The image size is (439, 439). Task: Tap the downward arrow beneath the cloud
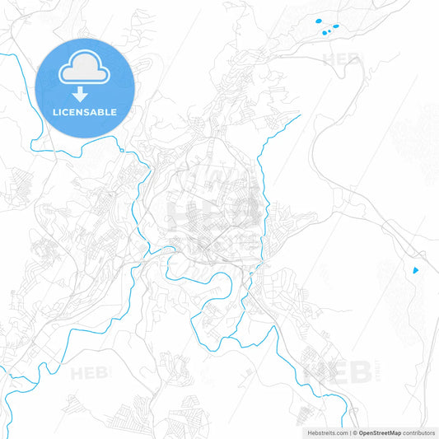click(85, 94)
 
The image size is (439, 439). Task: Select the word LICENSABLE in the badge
click(85, 112)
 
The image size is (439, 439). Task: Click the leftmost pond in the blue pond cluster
click(316, 22)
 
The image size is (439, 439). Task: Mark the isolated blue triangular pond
click(415, 269)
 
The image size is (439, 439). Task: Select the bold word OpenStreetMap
click(379, 432)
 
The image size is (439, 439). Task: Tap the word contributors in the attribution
click(418, 432)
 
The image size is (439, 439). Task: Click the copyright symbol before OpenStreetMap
click(354, 432)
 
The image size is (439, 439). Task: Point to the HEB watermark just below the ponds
click(341, 59)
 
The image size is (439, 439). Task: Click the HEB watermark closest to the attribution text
click(339, 372)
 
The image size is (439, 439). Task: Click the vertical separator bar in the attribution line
click(349, 432)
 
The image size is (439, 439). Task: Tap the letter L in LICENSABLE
click(54, 112)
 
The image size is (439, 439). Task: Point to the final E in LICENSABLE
click(114, 112)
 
